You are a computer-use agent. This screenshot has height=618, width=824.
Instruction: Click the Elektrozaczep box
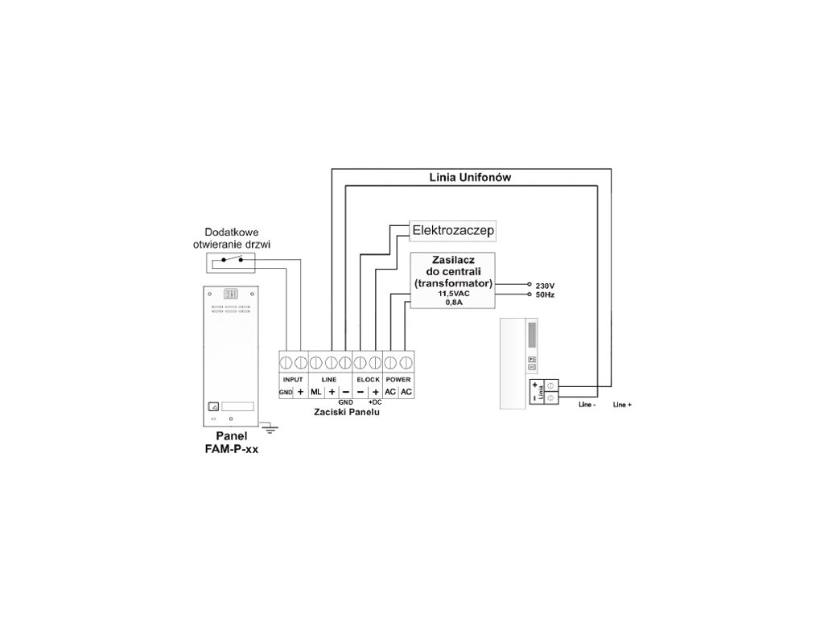click(452, 231)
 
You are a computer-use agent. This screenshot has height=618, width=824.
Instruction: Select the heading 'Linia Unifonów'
click(465, 177)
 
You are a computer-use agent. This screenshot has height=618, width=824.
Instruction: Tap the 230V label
click(546, 286)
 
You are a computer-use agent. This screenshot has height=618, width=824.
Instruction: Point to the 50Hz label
click(546, 296)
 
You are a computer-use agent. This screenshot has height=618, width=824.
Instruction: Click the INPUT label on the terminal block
click(293, 378)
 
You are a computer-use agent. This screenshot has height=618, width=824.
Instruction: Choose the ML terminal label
click(315, 391)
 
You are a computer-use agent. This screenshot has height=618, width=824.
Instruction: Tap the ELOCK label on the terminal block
click(367, 378)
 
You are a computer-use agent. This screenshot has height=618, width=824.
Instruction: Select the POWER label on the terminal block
click(398, 378)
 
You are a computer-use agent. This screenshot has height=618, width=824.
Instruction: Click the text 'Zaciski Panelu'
click(347, 411)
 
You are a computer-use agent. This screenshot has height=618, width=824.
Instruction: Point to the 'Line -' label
click(587, 405)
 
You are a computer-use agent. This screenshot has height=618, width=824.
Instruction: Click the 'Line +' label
click(622, 405)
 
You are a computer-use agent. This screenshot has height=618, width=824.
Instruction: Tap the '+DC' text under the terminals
click(374, 401)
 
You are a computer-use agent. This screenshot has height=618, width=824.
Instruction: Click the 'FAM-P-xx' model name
click(232, 451)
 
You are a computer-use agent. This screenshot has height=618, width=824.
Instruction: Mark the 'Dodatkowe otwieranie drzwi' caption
click(232, 237)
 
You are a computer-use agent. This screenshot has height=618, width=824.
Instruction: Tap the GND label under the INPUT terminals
click(286, 392)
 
